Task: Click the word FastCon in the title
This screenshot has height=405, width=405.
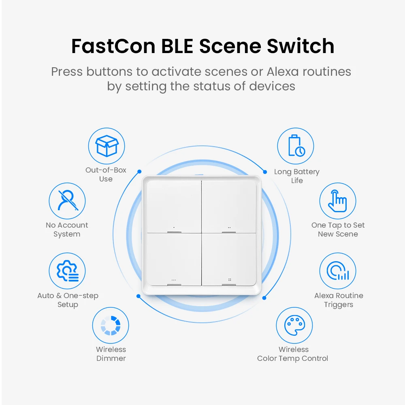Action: (112, 46)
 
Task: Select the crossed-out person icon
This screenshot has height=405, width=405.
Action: (67, 201)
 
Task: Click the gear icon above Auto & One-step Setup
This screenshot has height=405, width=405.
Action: (67, 271)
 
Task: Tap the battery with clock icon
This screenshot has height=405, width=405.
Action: (295, 146)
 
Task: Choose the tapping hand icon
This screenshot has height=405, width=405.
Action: (337, 201)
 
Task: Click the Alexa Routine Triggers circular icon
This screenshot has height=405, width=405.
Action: (337, 271)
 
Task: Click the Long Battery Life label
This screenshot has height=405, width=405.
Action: (296, 176)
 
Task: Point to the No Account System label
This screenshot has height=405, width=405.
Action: (67, 230)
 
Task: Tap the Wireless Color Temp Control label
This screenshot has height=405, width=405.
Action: (293, 354)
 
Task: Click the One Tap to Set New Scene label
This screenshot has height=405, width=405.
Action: (338, 230)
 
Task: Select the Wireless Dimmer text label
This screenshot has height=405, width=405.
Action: (111, 354)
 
